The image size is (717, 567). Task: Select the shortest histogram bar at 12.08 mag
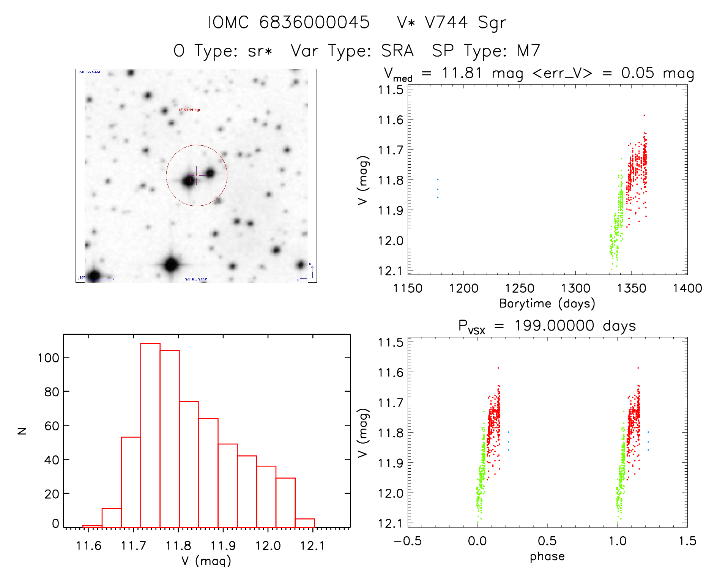[305, 523]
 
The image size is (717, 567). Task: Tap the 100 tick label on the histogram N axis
[48, 358]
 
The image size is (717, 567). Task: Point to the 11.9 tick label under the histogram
[223, 546]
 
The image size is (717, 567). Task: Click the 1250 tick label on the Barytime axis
[519, 288]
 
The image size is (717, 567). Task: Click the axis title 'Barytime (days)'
[547, 304]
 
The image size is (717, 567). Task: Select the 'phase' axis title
[547, 556]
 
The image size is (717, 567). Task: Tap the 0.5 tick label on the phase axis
[547, 541]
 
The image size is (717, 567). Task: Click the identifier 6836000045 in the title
[314, 22]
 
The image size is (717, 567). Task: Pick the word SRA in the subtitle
[397, 51]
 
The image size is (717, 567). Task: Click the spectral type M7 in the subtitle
[528, 51]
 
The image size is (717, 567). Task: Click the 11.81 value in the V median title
[462, 73]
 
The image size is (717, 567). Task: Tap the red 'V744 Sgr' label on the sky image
[190, 110]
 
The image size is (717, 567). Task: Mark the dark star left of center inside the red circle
[189, 181]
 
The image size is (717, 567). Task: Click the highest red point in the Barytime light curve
[644, 115]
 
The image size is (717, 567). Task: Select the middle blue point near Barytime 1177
[438, 189]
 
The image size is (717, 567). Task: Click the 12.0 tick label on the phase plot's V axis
[391, 493]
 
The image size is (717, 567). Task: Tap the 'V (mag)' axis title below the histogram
[206, 561]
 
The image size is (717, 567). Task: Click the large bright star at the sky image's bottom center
[171, 265]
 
